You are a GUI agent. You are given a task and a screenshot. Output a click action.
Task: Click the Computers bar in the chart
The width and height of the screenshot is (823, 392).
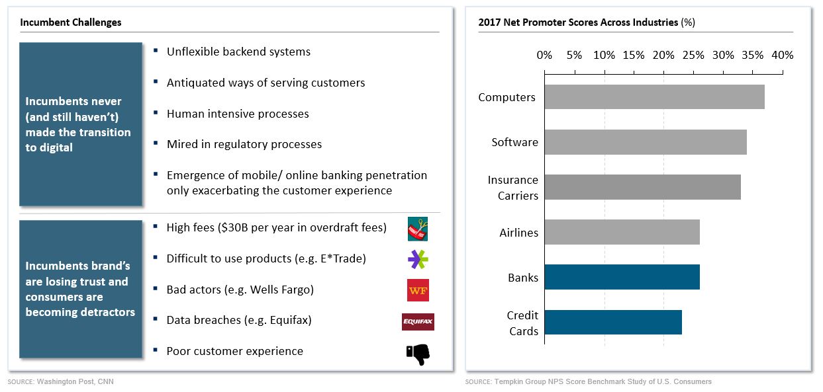tap(654, 97)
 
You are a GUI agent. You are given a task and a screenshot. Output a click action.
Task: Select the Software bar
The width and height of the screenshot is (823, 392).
tap(646, 142)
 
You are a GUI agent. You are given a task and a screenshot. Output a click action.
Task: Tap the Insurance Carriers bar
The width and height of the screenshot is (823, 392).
tap(642, 187)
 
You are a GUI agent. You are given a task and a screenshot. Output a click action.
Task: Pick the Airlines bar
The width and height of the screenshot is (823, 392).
tap(622, 233)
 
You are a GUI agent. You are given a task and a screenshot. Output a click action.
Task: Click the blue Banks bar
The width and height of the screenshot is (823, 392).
tap(622, 278)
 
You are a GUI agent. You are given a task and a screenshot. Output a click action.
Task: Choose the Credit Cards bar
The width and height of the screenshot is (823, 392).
tap(613, 323)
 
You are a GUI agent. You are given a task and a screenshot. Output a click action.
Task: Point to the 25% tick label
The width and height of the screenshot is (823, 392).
tap(693, 56)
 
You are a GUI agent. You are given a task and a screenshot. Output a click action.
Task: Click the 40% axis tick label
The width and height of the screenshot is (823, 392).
tap(783, 56)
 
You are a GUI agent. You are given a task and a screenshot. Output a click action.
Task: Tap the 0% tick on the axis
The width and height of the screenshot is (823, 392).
tap(544, 56)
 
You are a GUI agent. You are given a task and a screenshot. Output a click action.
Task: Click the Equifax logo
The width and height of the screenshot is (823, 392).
tap(418, 322)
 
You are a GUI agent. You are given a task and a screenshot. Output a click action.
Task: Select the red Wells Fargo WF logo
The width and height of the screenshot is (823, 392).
tap(418, 290)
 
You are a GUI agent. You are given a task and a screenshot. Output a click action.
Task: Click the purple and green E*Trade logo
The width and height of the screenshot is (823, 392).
tap(418, 260)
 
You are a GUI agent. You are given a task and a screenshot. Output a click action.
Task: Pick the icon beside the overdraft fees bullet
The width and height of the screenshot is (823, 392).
tap(418, 229)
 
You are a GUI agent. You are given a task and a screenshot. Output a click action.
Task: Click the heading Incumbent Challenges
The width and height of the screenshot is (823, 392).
tap(71, 22)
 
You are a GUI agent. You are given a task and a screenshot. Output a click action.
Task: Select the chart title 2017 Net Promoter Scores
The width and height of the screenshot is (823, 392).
tap(577, 22)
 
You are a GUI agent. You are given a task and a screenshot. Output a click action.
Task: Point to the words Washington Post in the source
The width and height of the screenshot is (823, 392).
tap(60, 382)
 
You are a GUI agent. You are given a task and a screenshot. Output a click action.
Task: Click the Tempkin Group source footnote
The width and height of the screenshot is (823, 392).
tap(603, 382)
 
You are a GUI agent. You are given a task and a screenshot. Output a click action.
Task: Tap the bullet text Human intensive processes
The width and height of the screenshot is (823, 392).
tap(238, 114)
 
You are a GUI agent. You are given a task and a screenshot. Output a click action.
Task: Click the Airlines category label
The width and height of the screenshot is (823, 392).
tap(518, 233)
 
